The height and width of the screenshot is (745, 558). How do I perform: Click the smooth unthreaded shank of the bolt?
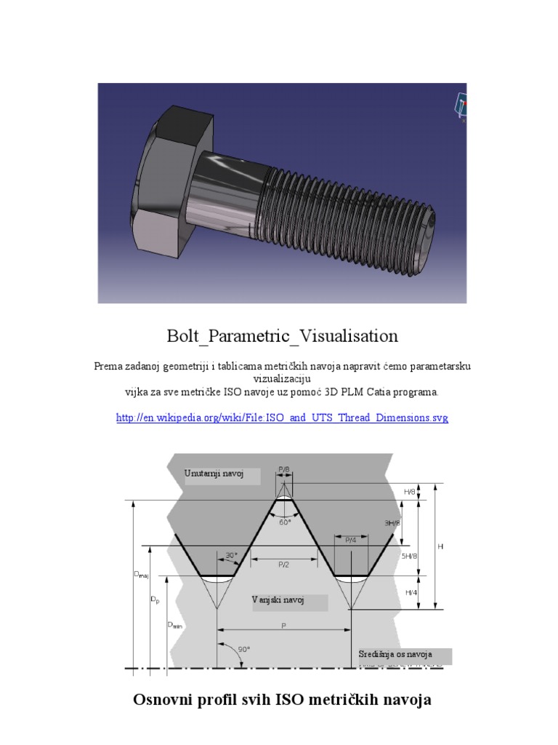coord(222,196)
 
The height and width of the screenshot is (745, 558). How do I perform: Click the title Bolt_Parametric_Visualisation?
coord(282,336)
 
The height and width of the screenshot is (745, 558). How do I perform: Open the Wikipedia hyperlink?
coord(282,418)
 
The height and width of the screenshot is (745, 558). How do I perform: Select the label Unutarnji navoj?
coord(212,474)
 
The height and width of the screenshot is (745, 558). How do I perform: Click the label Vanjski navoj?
coord(278,600)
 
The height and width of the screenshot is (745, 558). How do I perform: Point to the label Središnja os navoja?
coord(395,655)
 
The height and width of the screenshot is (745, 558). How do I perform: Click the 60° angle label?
coord(285,521)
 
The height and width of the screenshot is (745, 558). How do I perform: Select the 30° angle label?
coord(231,555)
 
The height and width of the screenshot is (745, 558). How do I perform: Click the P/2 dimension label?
coord(283,564)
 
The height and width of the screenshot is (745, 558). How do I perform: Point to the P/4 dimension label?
coord(351,540)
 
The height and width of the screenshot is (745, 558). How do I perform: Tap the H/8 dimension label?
coord(411,492)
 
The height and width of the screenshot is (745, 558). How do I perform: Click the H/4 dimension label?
coord(411,593)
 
